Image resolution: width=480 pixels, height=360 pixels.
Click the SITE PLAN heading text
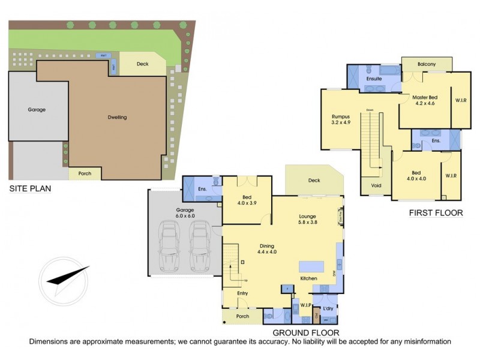(x=30, y=189)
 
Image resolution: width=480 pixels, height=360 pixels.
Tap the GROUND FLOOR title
(x=306, y=332)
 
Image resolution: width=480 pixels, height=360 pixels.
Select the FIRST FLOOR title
(x=436, y=212)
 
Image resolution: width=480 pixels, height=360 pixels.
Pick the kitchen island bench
(x=310, y=266)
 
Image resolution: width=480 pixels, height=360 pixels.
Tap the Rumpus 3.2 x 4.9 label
(x=340, y=119)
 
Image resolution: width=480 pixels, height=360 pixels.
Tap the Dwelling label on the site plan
(x=117, y=117)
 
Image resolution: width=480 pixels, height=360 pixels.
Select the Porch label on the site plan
(x=85, y=173)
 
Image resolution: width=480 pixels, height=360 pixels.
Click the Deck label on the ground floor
(x=314, y=180)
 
